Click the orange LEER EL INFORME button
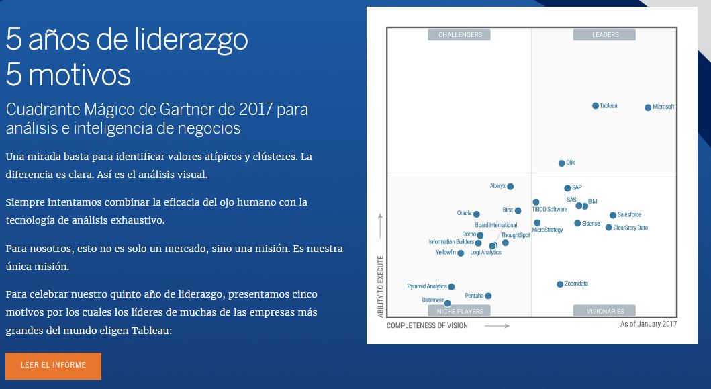coord(53,365)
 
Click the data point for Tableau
coord(596,106)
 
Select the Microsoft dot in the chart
coord(648,107)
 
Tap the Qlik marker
coord(562,163)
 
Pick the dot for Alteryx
coord(510,187)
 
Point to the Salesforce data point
coord(613,216)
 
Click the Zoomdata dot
coord(560,284)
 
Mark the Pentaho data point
coord(488,296)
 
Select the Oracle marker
coord(477,214)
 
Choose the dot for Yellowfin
coord(461,253)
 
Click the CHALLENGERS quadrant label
coord(460,35)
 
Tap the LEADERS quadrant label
coord(605,35)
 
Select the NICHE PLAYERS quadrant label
coord(460,311)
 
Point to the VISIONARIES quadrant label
coord(604,311)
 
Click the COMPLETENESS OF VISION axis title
coord(427,326)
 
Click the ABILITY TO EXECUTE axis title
coord(381,287)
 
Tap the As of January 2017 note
coord(649,324)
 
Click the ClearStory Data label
coord(630,228)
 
